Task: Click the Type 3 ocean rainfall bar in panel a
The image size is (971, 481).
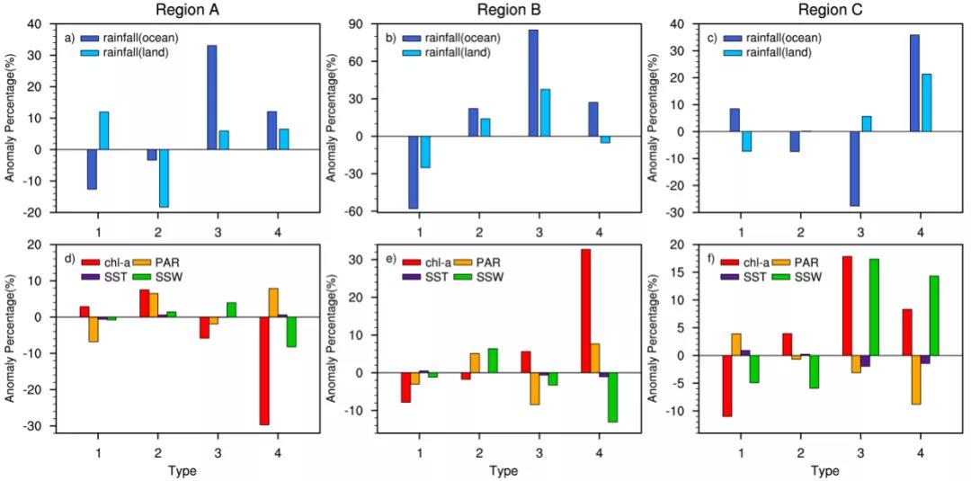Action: [x=211, y=110]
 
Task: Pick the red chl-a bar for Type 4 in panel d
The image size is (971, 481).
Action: [x=264, y=370]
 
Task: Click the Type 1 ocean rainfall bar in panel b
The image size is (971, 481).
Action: [x=413, y=172]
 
